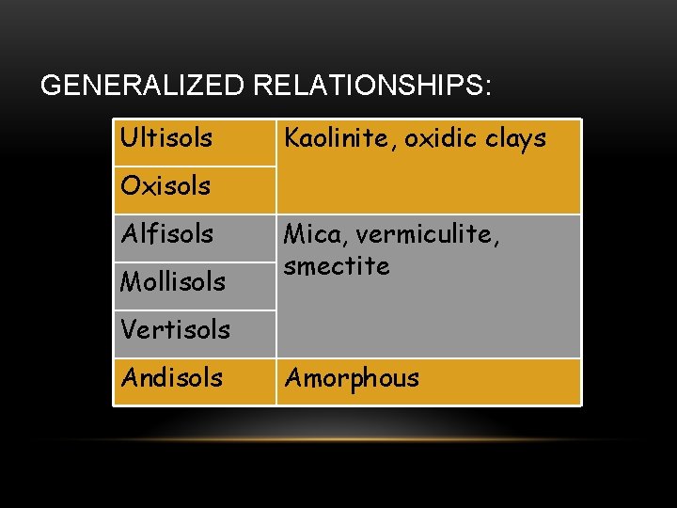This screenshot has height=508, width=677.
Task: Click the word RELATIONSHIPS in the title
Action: pos(368,86)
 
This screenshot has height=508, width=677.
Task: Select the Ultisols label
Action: pos(166,138)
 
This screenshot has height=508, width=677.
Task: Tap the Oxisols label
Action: pos(165,185)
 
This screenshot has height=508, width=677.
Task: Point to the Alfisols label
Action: pos(167,233)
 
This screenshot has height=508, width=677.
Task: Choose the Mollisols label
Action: pos(173,281)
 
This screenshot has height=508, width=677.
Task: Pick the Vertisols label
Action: pos(175,329)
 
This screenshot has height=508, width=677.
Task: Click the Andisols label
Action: pos(172,377)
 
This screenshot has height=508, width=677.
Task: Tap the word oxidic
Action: pos(429,138)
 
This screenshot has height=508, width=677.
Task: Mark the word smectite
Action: pos(337,266)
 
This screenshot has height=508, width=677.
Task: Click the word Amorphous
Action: pos(352,378)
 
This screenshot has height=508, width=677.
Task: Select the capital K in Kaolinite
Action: pos(291,138)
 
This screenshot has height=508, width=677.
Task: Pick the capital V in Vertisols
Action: pos(128,329)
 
